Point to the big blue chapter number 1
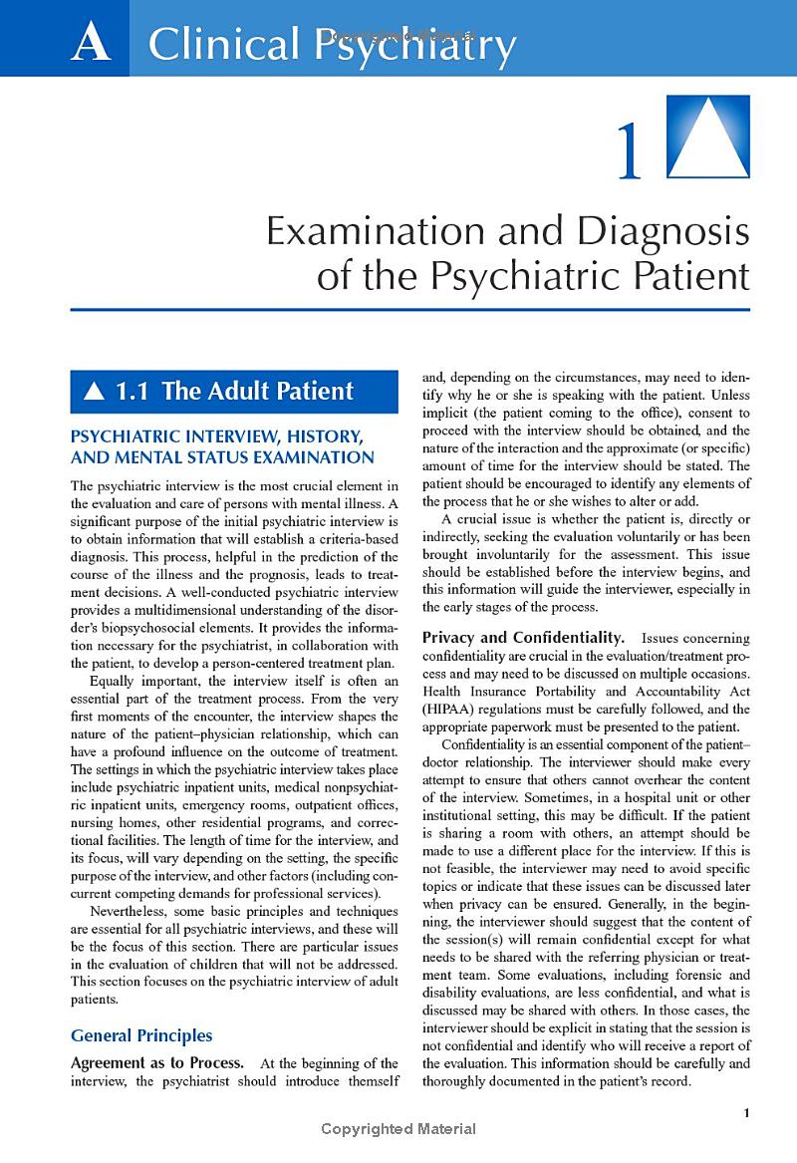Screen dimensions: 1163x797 629,151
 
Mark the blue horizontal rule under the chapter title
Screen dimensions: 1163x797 409,310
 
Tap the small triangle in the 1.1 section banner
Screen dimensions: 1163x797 95,393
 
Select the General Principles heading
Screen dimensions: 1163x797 140,1036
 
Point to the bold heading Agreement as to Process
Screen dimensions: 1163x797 155,1063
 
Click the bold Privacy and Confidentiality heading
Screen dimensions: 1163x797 524,637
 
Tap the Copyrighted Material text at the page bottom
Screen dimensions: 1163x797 398,1129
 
